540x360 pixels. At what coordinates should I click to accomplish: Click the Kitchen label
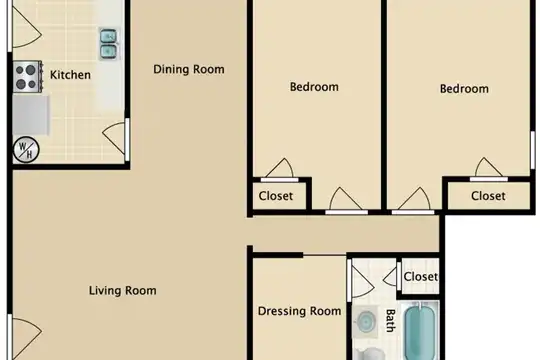tap(70, 75)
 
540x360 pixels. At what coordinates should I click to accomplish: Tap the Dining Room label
tap(189, 69)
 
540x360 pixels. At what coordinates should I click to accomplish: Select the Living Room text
tap(123, 290)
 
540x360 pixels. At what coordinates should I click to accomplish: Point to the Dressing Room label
tap(299, 311)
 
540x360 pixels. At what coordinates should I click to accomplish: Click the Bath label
tap(390, 320)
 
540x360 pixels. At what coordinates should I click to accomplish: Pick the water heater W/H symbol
tap(26, 150)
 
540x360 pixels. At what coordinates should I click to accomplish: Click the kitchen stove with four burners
tap(28, 77)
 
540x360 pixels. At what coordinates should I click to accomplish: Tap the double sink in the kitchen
tap(109, 44)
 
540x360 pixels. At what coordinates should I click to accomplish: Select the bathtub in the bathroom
tap(419, 331)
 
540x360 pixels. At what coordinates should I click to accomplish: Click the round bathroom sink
tap(365, 321)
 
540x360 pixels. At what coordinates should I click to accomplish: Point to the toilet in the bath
tap(369, 354)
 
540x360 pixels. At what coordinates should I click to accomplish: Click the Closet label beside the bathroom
tap(420, 277)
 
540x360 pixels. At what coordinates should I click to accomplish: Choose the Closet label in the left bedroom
tap(276, 196)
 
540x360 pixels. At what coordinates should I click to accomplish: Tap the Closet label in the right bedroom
tap(488, 196)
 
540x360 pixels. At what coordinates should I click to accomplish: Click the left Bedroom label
tap(314, 87)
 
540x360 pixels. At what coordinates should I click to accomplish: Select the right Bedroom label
tap(464, 89)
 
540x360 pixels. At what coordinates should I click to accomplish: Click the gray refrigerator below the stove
tap(31, 115)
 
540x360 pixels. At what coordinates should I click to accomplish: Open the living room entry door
tap(27, 338)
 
